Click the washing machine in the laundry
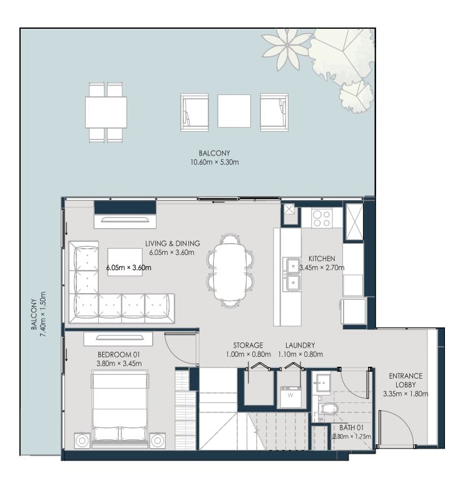290,397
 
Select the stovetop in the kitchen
322,218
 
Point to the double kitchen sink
292,274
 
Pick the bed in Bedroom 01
120,409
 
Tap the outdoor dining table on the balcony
106,112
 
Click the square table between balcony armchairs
234,111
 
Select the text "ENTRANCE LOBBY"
406,380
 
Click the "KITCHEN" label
322,258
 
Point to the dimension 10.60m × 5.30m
215,162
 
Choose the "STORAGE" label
248,345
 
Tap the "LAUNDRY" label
300,345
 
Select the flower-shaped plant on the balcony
286,49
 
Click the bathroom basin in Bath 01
322,383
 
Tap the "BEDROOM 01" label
119,354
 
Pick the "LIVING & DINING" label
173,244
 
